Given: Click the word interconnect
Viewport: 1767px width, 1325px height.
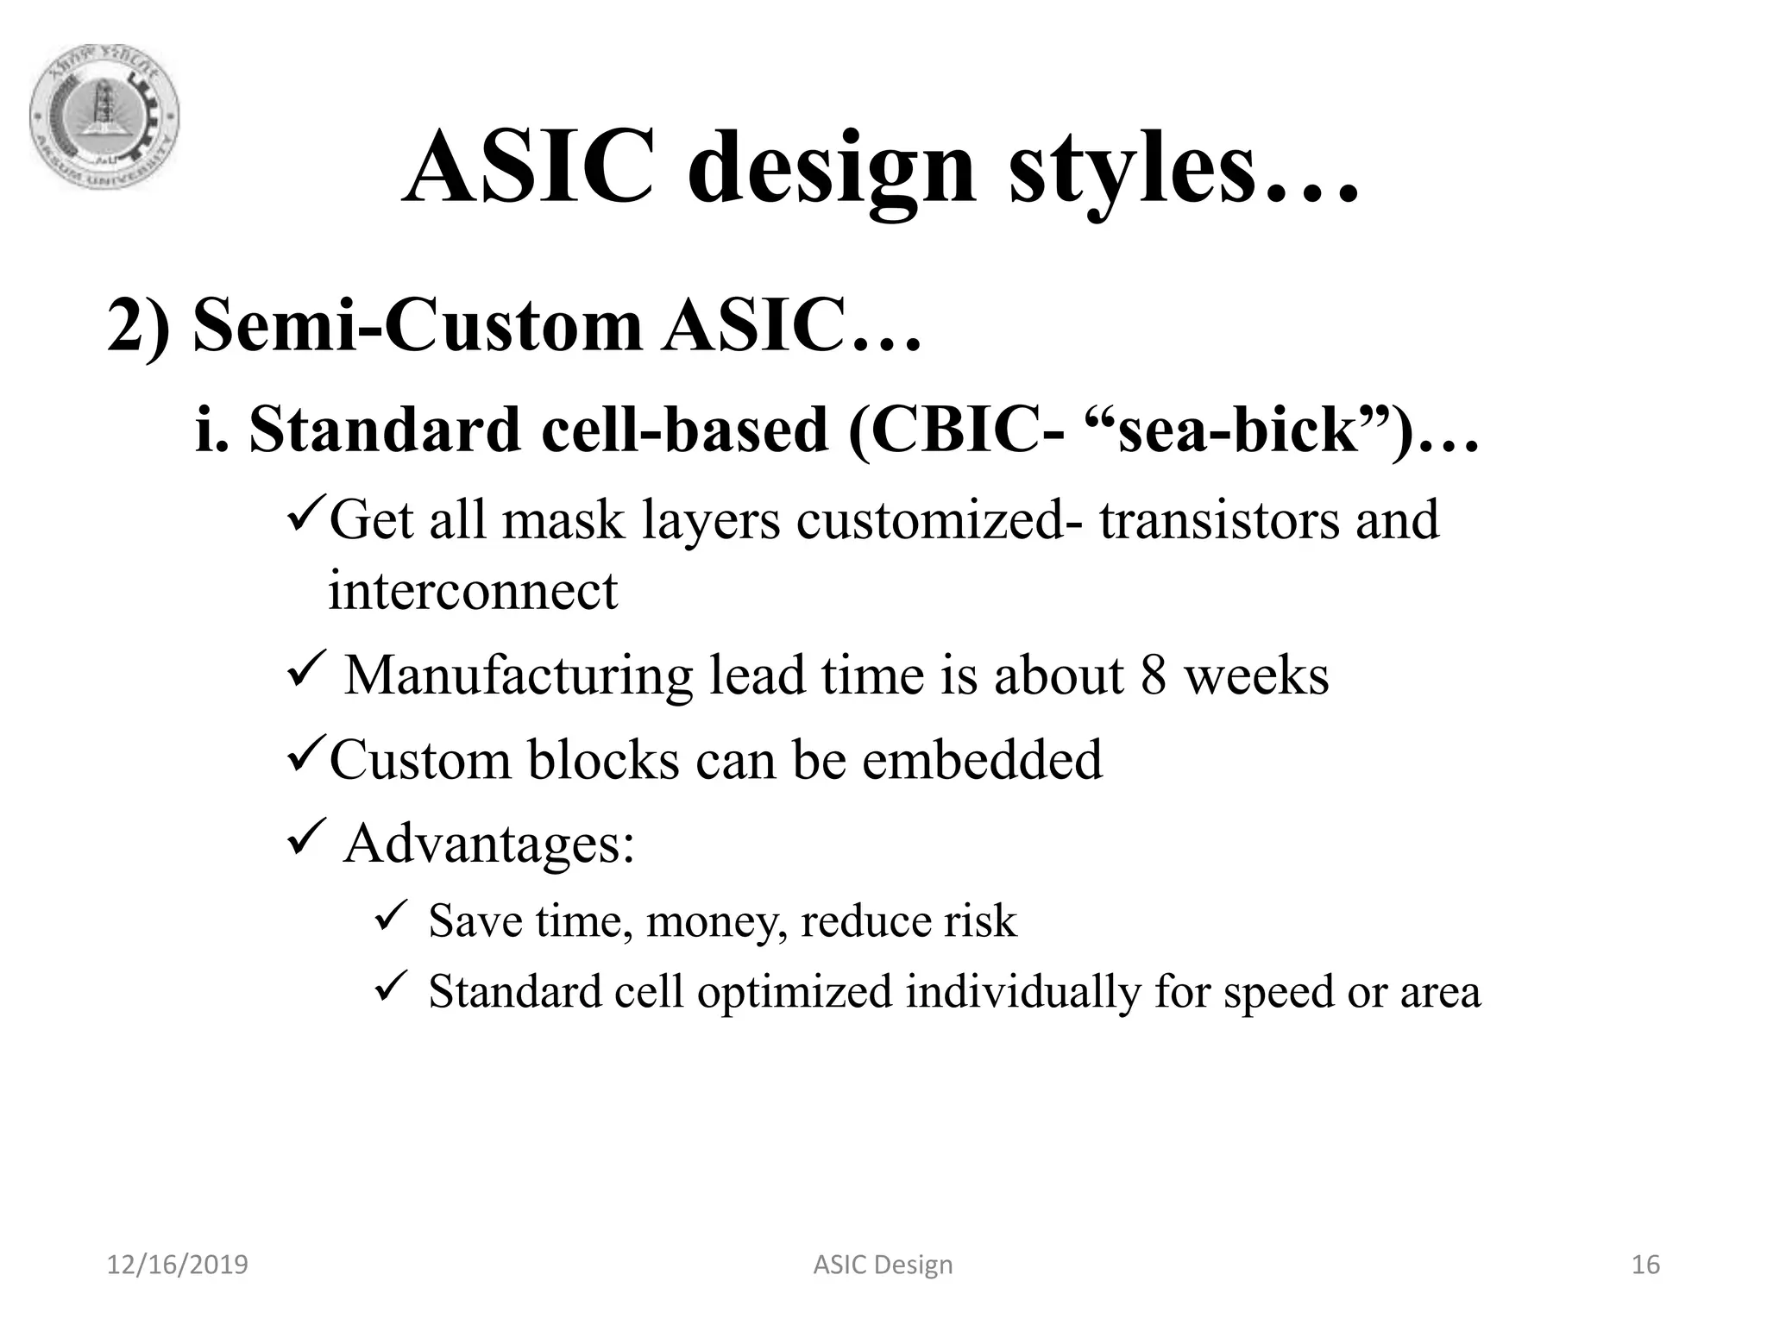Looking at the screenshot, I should [x=473, y=591].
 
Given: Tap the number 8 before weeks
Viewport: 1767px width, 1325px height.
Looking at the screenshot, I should [x=1154, y=675].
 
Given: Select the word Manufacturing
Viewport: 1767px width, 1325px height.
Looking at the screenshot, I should [x=518, y=675].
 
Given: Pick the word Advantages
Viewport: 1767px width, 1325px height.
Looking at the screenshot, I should [x=488, y=844].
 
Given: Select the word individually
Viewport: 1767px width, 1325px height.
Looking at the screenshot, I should [x=1022, y=991].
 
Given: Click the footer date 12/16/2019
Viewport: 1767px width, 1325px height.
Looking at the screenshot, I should [x=177, y=1265].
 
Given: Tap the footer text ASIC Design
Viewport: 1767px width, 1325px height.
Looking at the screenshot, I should [x=883, y=1265].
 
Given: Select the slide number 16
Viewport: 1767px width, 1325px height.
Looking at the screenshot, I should [x=1645, y=1265].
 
